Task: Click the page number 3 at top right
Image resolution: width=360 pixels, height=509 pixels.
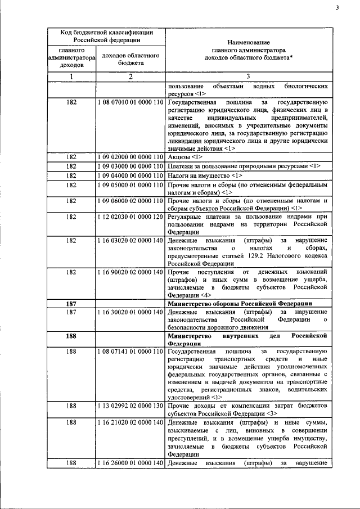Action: (336, 8)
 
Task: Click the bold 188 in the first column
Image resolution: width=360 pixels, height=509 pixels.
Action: (71, 336)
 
